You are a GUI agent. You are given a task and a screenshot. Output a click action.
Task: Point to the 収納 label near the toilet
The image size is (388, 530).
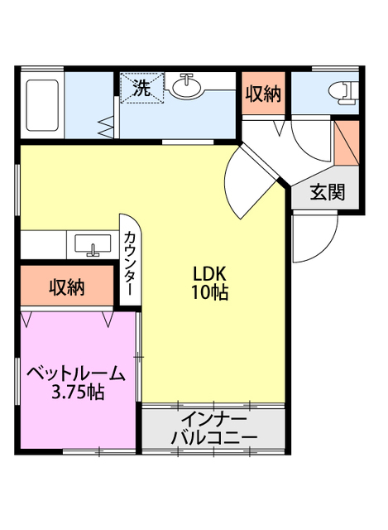[x=263, y=94]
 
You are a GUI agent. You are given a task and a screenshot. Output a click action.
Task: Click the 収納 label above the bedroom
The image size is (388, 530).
[x=67, y=287]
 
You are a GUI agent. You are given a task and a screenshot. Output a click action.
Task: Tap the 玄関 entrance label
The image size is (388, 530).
[x=328, y=194]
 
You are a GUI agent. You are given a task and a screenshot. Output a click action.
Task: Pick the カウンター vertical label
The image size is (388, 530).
[x=131, y=263]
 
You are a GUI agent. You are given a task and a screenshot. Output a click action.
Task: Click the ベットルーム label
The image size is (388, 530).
[x=76, y=373]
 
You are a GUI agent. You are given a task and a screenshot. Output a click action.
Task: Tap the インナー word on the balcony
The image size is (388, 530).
[x=213, y=417]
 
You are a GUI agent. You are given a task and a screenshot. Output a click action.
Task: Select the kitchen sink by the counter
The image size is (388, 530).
[x=93, y=245]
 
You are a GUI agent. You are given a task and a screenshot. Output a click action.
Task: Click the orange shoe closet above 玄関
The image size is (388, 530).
[x=345, y=142]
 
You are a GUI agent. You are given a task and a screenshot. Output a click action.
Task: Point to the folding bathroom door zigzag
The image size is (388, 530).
[x=107, y=128]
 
